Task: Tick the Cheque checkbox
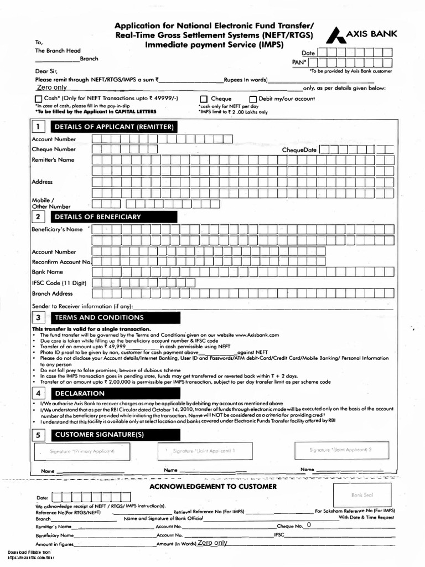coord(203,99)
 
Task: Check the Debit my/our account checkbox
coord(253,99)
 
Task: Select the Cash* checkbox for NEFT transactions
coord(38,99)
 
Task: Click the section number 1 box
coord(38,127)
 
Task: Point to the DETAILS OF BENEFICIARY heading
coord(97,217)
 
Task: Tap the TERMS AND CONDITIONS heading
coord(99,318)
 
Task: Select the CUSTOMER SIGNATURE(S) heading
coord(100,435)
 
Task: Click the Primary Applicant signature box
coord(82,452)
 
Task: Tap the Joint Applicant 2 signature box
coord(340,450)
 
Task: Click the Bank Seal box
coord(363,494)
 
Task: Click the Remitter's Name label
coord(53,160)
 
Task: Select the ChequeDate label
coord(299,150)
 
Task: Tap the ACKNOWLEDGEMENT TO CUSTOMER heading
coord(213,486)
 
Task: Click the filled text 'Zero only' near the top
coord(51,87)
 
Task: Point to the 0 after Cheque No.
coord(309,524)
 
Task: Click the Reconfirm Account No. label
coord(61,262)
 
